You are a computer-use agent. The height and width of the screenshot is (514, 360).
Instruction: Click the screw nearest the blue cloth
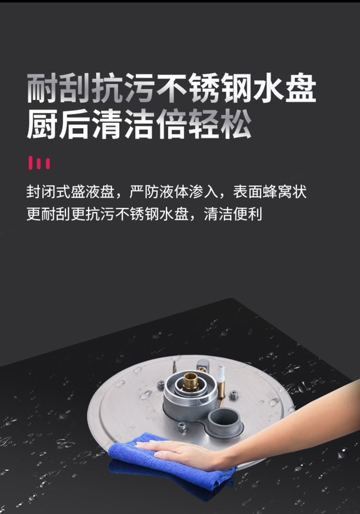182,427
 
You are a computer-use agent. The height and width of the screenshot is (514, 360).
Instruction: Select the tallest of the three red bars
31,163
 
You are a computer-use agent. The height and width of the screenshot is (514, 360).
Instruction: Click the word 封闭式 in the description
48,192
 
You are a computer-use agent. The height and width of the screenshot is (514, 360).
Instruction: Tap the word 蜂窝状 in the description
284,192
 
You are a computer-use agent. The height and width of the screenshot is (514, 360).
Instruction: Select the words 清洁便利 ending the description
233,214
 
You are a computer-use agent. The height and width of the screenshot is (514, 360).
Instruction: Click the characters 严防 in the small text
144,192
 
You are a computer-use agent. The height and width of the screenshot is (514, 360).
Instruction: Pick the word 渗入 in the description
203,192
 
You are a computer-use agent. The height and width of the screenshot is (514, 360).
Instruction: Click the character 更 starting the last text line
34,214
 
